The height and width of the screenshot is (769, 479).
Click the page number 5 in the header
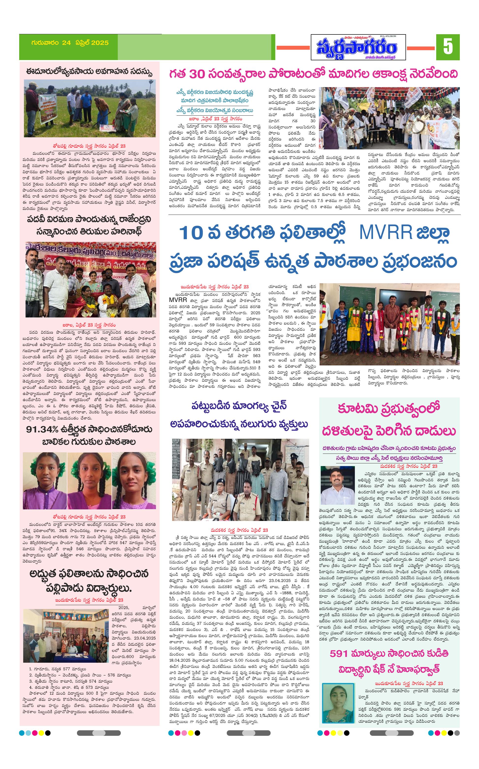tap(448, 47)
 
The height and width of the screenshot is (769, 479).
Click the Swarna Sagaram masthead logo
tap(358, 47)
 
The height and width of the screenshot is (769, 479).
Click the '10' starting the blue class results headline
tap(191, 232)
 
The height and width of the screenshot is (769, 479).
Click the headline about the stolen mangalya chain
tap(239, 415)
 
